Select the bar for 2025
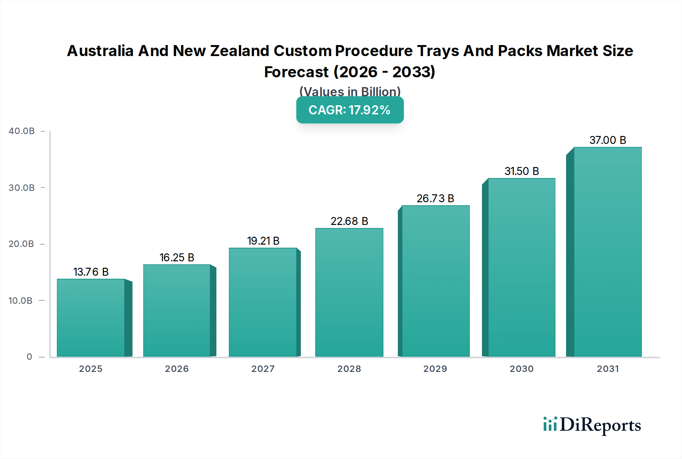point(91,318)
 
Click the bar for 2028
point(349,292)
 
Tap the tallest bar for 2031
point(607,252)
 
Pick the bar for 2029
point(435,281)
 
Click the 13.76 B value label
point(91,272)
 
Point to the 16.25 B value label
point(177,258)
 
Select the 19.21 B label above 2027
point(263,241)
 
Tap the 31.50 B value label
point(522,171)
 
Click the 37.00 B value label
point(608,140)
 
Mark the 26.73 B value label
point(435,198)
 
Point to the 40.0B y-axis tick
point(22,131)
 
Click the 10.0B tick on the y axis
point(20,301)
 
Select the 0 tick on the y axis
point(29,357)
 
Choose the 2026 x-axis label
point(177,369)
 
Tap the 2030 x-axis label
point(522,369)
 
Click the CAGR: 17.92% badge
point(350,110)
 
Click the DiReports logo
point(592,425)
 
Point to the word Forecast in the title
point(296,72)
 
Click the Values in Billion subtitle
point(350,92)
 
